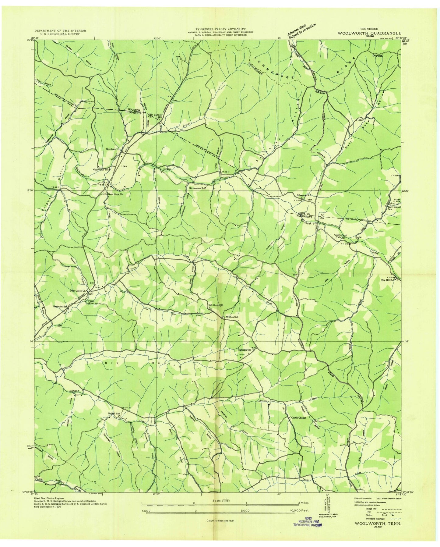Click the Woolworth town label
[x=112, y=149]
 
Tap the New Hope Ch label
[x=115, y=194]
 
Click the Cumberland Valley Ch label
[x=334, y=236]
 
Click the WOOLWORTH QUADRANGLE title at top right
[x=369, y=34]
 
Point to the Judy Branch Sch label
[x=392, y=208]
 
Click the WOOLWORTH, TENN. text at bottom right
[x=375, y=531]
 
